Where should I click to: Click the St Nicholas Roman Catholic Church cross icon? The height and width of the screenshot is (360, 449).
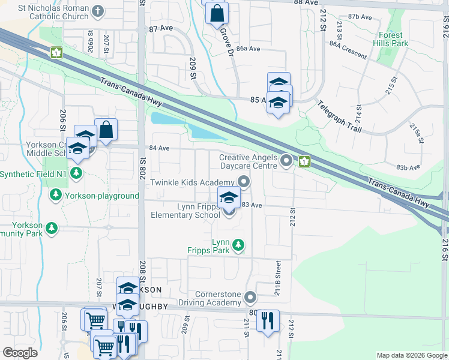(98, 11)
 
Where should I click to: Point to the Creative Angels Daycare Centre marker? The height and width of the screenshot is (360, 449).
(287, 160)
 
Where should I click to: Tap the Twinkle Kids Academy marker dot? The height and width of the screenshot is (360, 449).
(243, 181)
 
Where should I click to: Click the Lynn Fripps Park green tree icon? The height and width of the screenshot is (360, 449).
(238, 245)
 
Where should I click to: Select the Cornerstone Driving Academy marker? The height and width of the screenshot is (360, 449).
(251, 298)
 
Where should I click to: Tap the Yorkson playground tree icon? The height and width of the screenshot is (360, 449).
(55, 195)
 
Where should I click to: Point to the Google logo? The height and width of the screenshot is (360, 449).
(19, 353)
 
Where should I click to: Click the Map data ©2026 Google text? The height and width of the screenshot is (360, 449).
(411, 355)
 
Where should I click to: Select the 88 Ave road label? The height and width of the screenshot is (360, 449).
(306, 3)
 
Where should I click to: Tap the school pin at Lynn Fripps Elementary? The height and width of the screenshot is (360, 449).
(228, 199)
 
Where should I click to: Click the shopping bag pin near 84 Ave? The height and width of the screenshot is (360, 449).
(106, 130)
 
